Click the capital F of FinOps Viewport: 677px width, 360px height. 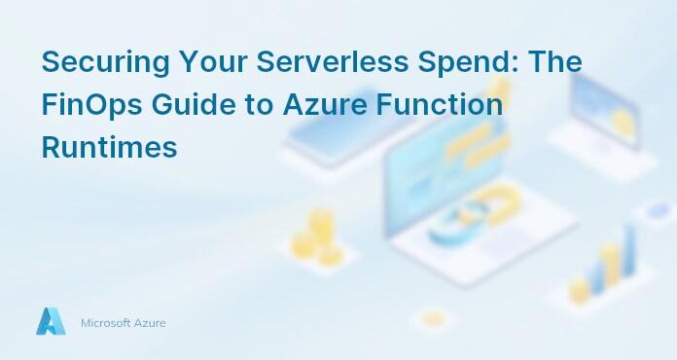pyautogui.click(x=50, y=104)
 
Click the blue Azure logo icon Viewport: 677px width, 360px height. pyautogui.click(x=51, y=322)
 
